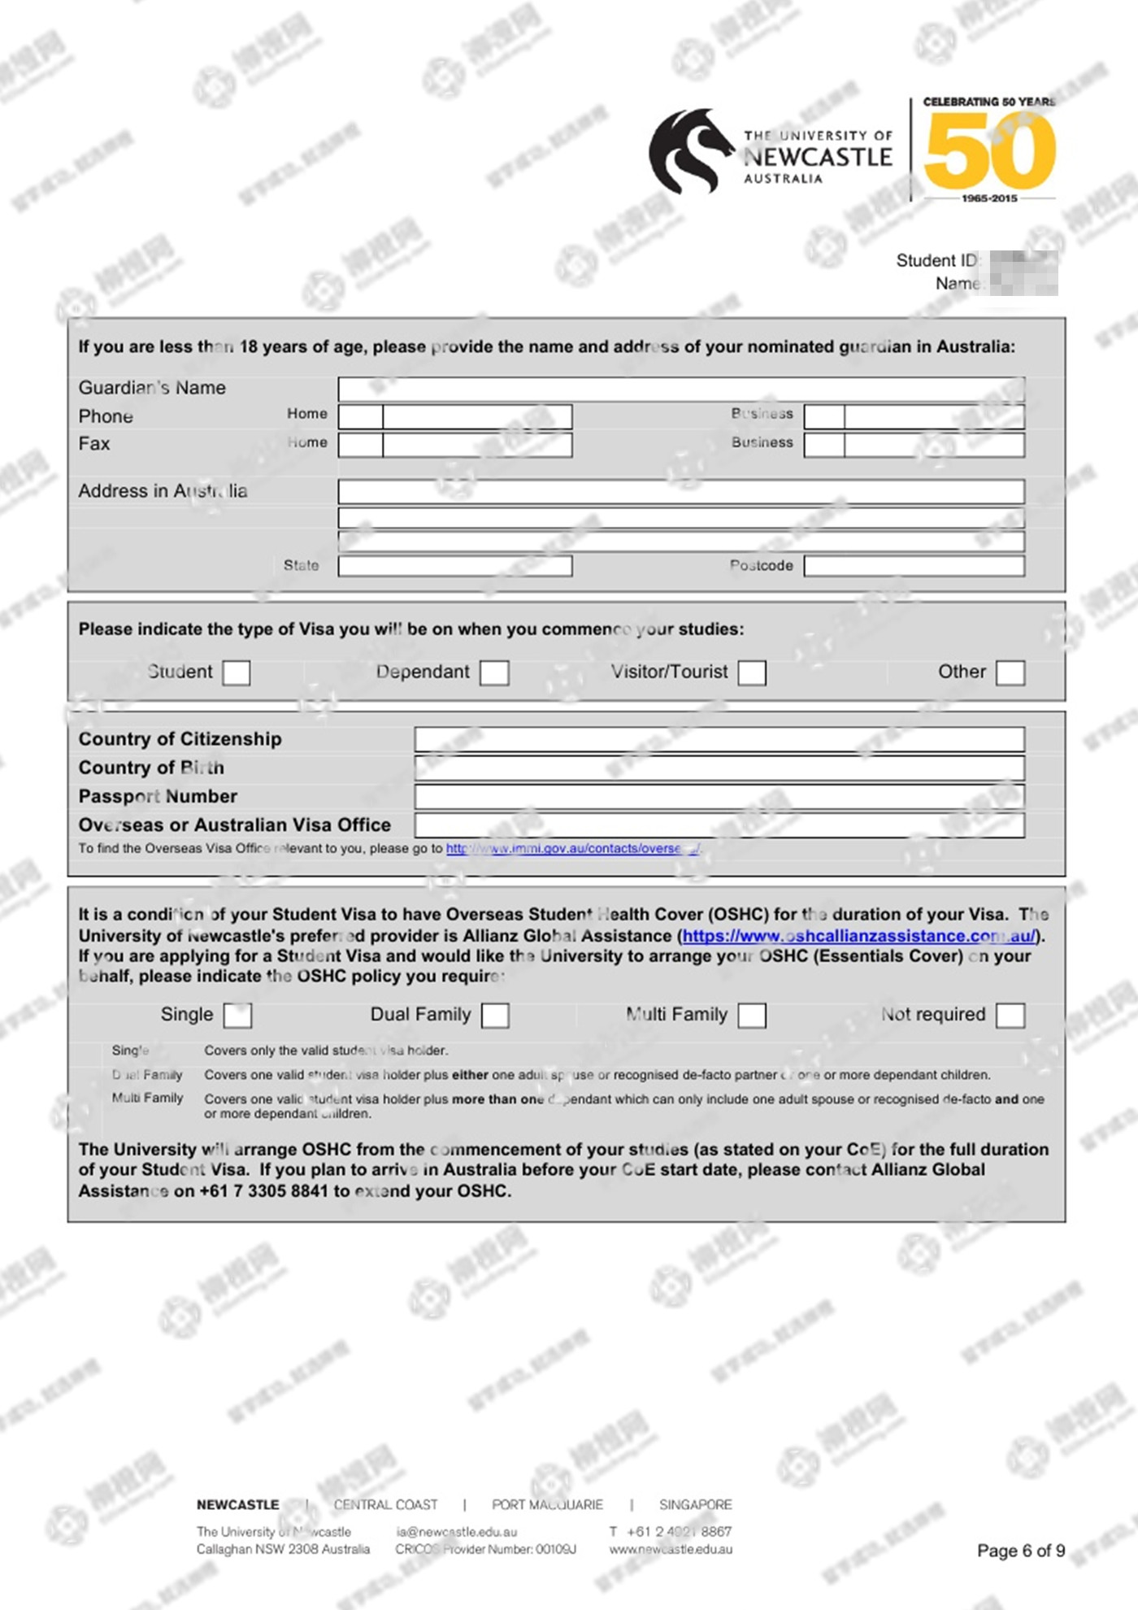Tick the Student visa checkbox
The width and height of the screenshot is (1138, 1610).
[236, 672]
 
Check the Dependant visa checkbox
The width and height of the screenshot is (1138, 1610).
[494, 672]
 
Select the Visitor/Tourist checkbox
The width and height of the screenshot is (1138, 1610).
[752, 672]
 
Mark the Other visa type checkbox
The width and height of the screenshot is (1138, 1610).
[1010, 672]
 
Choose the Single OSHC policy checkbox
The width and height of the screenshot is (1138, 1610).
[237, 1015]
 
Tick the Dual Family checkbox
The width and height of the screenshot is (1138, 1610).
[495, 1015]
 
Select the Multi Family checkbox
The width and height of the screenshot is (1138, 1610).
[752, 1015]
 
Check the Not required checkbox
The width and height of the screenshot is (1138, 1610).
[1010, 1015]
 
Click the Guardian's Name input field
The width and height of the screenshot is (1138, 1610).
[681, 389]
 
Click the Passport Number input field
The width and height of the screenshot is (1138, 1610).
[719, 797]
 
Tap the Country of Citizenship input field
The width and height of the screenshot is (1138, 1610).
[719, 739]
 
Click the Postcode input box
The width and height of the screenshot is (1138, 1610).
[914, 566]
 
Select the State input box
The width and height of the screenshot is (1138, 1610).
[455, 566]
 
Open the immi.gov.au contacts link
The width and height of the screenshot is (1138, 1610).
[572, 849]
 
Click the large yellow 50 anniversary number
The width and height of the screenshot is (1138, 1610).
[989, 151]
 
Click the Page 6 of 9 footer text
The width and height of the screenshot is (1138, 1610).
[1021, 1551]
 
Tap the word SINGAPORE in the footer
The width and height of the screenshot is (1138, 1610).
[696, 1504]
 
